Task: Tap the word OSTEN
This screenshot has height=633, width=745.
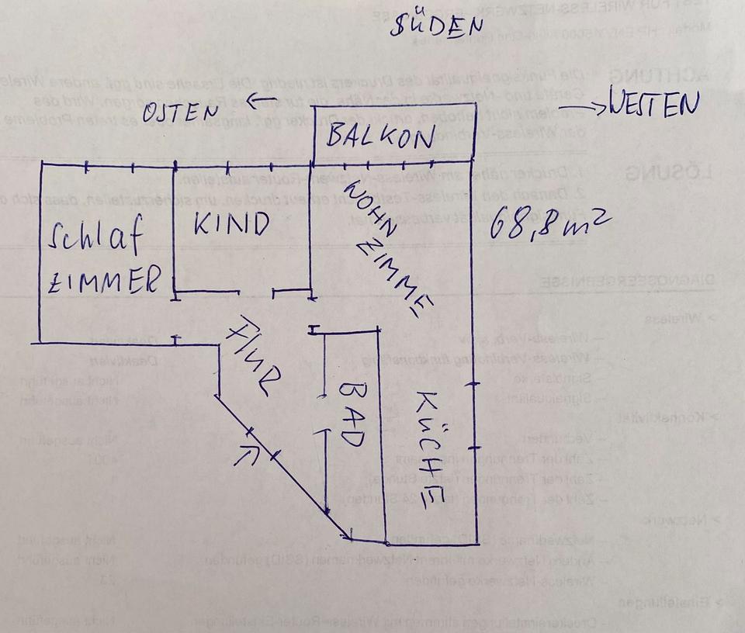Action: [x=181, y=113]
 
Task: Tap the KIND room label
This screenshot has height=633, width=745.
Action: [x=231, y=223]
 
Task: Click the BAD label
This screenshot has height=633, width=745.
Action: [x=350, y=413]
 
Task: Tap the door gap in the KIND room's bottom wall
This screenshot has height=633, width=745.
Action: [x=257, y=292]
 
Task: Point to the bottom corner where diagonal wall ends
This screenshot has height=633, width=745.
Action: [x=348, y=537]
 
